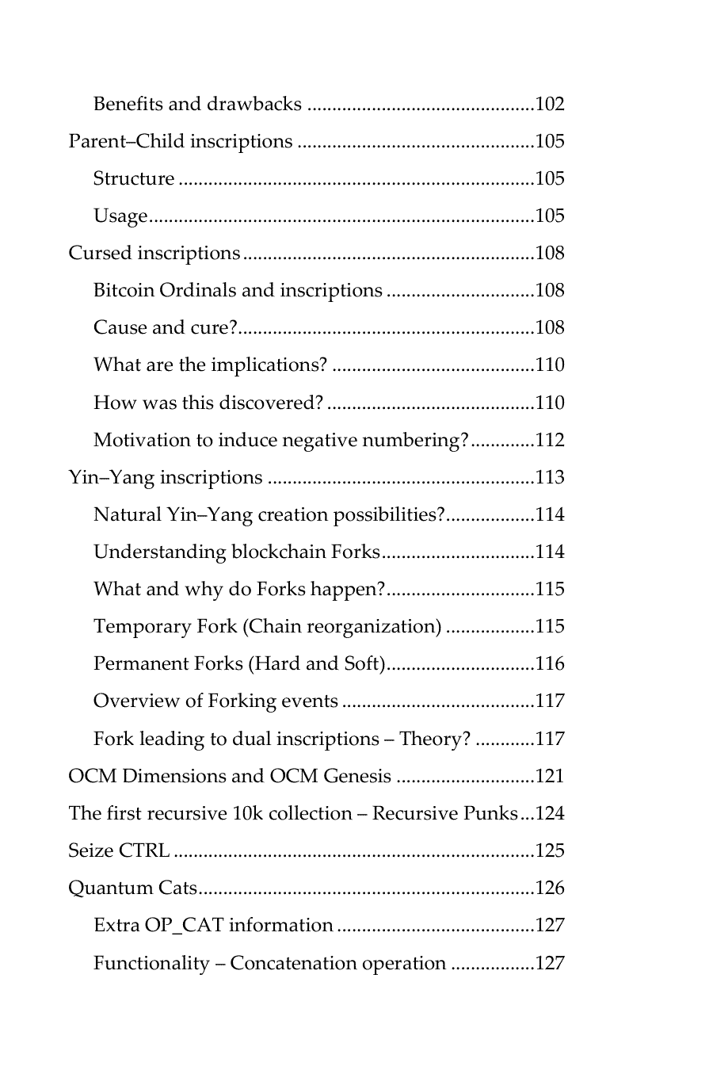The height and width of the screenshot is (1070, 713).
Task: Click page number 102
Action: (550, 105)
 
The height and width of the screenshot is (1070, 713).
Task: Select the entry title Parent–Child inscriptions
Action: (181, 142)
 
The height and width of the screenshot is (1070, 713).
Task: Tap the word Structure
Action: (134, 179)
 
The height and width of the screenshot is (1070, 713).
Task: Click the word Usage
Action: (120, 216)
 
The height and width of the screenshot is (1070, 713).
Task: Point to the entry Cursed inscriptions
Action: (154, 254)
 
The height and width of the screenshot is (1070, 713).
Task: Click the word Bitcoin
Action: (124, 291)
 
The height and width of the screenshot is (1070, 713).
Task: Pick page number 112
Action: (550, 440)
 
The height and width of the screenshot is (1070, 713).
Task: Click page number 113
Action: (550, 477)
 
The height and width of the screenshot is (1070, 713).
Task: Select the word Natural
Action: (127, 515)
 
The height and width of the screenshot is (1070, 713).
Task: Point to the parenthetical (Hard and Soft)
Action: (318, 664)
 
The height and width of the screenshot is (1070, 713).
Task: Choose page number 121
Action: (550, 776)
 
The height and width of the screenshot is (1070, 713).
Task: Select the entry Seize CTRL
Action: (119, 851)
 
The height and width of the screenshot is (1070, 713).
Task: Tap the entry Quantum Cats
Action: (132, 888)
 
